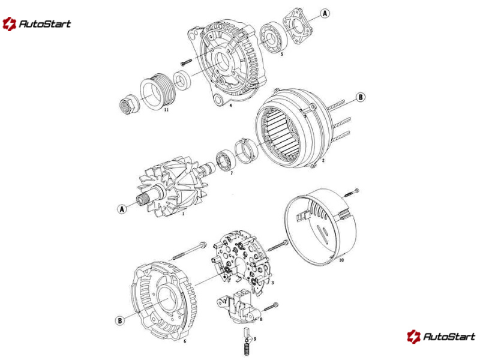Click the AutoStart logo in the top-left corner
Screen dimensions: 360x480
click(37, 24)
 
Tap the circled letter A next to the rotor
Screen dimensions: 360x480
click(122, 209)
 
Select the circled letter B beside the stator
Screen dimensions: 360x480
click(361, 97)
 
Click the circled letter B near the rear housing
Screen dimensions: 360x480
click(120, 320)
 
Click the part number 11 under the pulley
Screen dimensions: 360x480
click(166, 110)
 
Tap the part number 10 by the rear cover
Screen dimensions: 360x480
click(341, 260)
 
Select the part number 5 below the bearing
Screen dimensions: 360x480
click(282, 55)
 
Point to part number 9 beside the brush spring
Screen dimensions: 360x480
click(254, 339)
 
